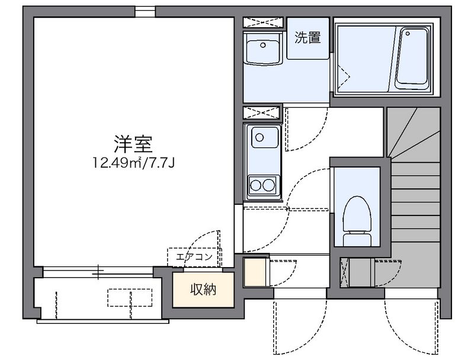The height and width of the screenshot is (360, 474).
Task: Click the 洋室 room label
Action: (x=133, y=144)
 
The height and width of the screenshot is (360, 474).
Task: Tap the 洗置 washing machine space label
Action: (x=308, y=38)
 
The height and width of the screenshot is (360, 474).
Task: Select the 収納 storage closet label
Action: (x=203, y=290)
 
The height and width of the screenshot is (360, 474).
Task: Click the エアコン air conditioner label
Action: (x=194, y=257)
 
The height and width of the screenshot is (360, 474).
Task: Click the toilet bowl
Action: (x=357, y=215)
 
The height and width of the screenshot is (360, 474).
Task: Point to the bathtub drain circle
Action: (x=408, y=33)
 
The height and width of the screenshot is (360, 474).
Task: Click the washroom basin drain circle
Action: (x=263, y=45)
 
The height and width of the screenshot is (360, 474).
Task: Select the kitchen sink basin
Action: (x=265, y=137)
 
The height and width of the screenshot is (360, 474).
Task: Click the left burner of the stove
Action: (x=255, y=185)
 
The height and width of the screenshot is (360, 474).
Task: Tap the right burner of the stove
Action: (x=268, y=185)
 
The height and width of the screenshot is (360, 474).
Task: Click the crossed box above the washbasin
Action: (x=263, y=22)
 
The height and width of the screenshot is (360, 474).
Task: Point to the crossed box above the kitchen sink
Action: (x=262, y=112)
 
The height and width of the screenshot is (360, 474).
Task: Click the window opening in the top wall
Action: (x=145, y=12)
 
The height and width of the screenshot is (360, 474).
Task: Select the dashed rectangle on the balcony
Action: (x=130, y=298)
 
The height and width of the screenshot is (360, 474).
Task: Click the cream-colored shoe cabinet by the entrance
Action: (x=255, y=272)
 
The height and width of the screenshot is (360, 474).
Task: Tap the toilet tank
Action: (x=357, y=239)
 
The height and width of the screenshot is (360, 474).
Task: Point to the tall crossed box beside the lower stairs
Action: (x=345, y=272)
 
